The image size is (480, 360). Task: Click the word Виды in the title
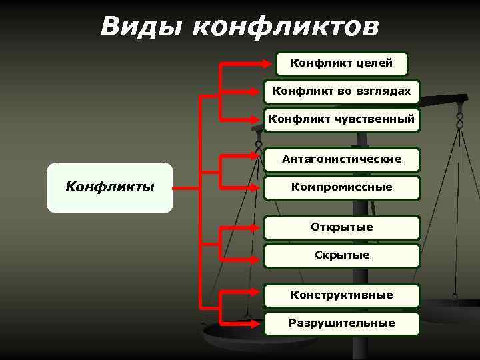click(x=139, y=27)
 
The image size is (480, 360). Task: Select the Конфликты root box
click(x=110, y=187)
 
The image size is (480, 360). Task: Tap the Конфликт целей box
click(x=341, y=64)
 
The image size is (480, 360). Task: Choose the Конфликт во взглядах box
click(x=341, y=92)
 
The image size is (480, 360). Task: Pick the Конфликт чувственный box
click(x=341, y=120)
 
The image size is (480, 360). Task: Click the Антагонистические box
click(x=341, y=159)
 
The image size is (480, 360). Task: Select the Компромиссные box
click(x=341, y=188)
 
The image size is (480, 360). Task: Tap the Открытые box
click(x=341, y=227)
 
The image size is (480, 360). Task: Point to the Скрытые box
click(x=341, y=255)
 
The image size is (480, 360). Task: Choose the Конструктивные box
click(x=341, y=295)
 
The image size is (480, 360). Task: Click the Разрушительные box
click(x=341, y=323)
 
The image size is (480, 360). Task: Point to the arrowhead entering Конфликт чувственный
click(x=258, y=121)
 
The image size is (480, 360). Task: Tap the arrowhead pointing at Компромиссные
click(x=258, y=189)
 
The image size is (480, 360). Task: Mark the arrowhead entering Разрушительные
click(x=258, y=324)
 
